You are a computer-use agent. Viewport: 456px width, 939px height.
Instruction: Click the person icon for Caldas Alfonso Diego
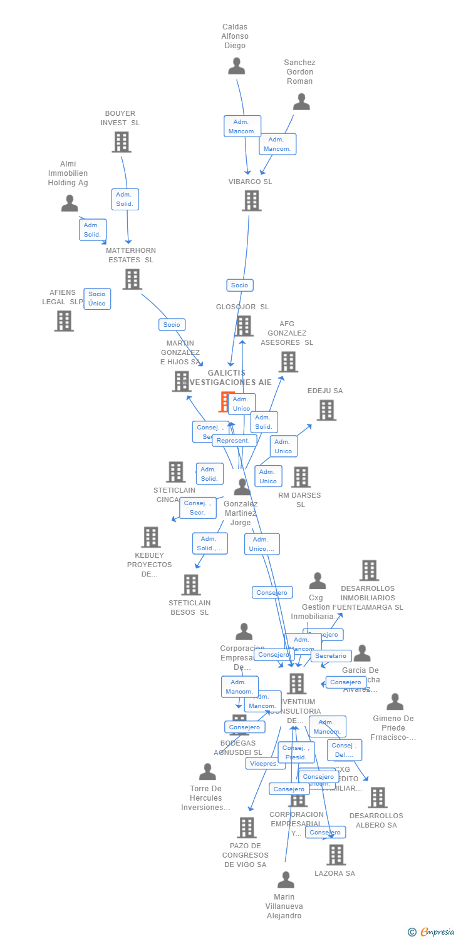[x=236, y=66]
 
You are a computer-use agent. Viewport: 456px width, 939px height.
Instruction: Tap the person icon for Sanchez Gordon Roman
[x=301, y=101]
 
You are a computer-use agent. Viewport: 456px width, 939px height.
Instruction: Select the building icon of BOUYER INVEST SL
[x=122, y=142]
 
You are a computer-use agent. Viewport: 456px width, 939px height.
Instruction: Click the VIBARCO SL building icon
[x=251, y=200]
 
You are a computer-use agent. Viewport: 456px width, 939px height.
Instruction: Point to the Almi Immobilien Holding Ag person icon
[x=70, y=203]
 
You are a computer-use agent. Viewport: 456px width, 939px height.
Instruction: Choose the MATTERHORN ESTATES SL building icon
[x=132, y=279]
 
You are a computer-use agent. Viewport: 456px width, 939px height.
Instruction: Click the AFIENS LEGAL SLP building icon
[x=64, y=321]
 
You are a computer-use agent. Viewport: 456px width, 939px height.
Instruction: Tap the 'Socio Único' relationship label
[x=97, y=299]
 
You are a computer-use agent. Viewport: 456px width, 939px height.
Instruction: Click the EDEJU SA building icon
[x=326, y=410]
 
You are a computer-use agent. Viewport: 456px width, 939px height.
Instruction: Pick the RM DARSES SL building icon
[x=301, y=477]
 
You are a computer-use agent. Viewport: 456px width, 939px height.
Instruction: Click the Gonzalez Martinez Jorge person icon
[x=242, y=487]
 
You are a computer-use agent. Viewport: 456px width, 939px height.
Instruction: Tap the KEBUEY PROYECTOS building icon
[x=150, y=537]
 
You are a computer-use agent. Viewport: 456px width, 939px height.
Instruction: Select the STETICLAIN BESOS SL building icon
[x=190, y=585]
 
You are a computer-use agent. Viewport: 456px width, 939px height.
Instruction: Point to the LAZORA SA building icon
[x=336, y=854]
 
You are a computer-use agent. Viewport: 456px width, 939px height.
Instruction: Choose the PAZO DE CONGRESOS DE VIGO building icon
[x=247, y=828]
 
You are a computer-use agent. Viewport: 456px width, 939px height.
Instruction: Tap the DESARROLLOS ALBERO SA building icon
[x=377, y=798]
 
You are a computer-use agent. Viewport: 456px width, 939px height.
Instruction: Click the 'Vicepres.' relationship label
[x=264, y=764]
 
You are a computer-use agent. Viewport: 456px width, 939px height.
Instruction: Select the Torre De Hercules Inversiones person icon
[x=207, y=772]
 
